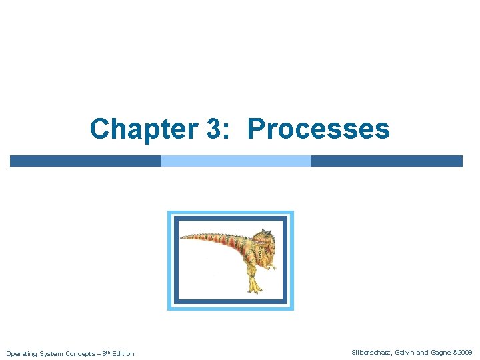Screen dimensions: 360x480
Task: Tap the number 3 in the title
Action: click(x=214, y=129)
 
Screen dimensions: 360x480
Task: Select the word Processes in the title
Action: click(x=318, y=129)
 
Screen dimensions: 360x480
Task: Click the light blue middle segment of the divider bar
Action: click(x=236, y=161)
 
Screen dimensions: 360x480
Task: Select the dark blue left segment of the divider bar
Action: click(x=85, y=161)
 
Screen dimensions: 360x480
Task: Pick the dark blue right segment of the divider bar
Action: click(x=387, y=161)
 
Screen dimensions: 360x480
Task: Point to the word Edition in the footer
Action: click(x=123, y=353)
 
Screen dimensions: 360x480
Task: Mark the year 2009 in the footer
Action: click(x=465, y=351)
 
